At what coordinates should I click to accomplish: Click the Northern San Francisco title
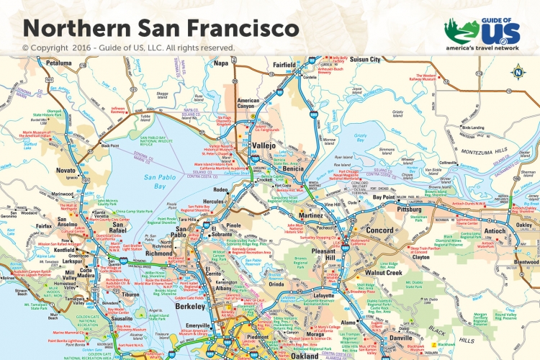[x=161, y=28]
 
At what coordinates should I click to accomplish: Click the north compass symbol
[x=517, y=71]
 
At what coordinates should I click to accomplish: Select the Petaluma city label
[x=58, y=63]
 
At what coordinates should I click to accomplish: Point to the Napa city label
[x=221, y=63]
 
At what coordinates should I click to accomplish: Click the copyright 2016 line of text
[x=129, y=48]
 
